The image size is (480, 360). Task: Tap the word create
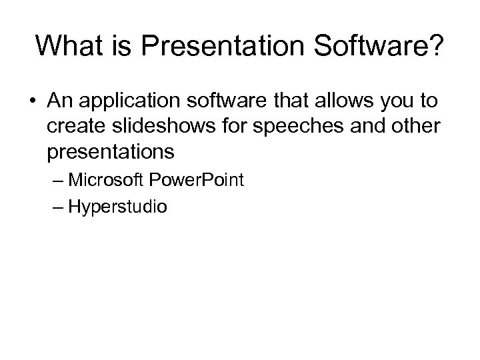(x=73, y=127)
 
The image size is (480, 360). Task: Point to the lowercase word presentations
(x=111, y=153)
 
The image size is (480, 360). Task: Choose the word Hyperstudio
(x=118, y=207)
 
